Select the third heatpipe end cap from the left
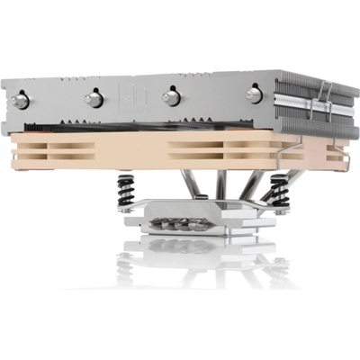(x=168, y=96)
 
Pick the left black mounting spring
(x=127, y=191)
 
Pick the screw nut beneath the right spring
(x=279, y=209)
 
